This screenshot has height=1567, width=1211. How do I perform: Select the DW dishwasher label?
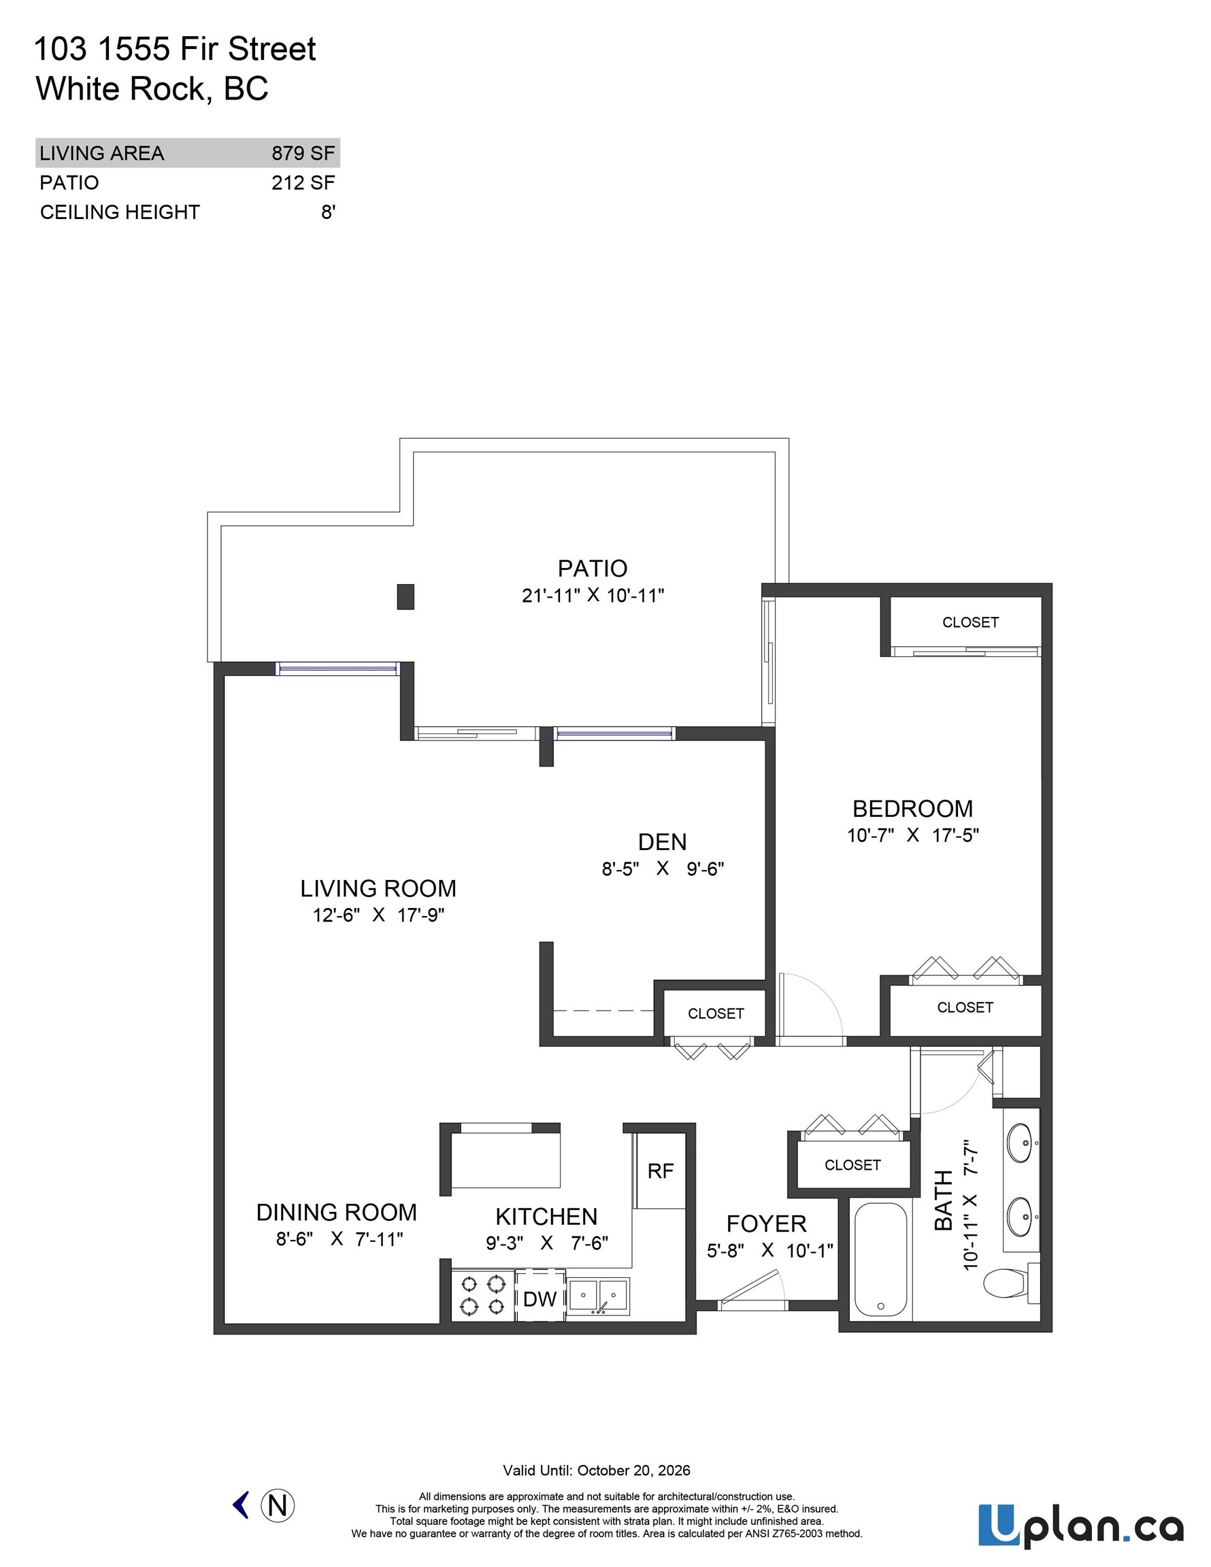coord(540,1298)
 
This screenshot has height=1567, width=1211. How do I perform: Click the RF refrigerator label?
coord(660,1172)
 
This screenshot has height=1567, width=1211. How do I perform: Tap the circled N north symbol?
coord(277,1504)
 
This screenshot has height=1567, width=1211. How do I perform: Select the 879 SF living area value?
coord(303,153)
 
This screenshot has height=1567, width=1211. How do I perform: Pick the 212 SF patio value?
coord(303,183)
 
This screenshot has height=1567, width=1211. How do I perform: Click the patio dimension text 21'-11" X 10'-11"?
coord(593,596)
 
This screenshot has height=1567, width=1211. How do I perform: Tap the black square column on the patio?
coord(405,597)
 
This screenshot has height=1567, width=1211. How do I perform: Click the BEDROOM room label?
coord(912,809)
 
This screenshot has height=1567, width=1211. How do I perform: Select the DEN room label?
coord(662,841)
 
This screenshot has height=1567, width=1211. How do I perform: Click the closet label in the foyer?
coord(852,1165)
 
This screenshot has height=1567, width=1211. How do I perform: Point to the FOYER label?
coord(766,1224)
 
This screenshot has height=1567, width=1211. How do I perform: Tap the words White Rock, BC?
coord(152,89)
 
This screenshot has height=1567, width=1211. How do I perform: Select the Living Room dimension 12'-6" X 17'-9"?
coord(378,915)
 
